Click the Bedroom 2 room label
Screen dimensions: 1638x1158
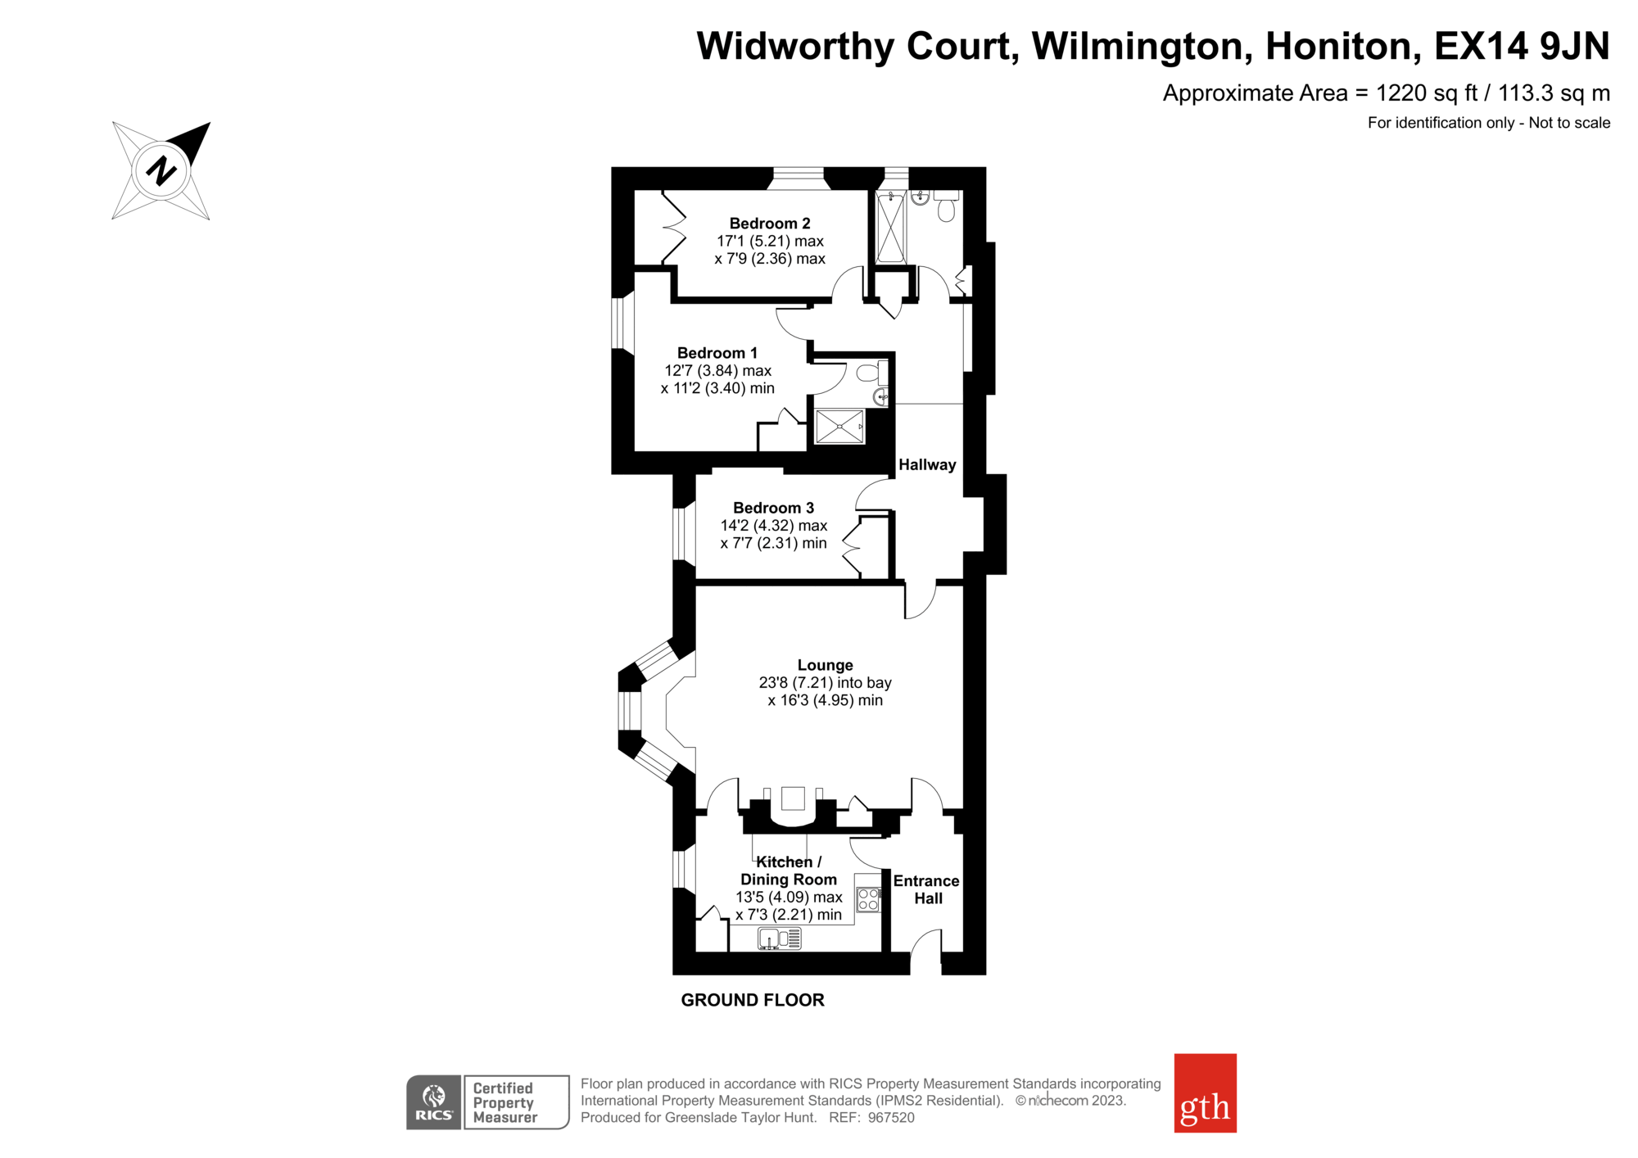(770, 224)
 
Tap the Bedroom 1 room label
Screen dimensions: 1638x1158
(717, 353)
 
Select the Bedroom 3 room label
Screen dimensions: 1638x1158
(773, 508)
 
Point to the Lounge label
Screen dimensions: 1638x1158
(826, 665)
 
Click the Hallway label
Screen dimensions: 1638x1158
(927, 464)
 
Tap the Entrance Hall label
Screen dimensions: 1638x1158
(926, 889)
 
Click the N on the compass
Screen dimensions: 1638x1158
(161, 170)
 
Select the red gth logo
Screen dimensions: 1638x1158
(1205, 1092)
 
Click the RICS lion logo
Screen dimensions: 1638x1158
(434, 1102)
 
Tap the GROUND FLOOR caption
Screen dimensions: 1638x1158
(753, 1000)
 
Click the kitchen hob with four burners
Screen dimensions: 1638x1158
(868, 900)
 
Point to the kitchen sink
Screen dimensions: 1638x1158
(779, 939)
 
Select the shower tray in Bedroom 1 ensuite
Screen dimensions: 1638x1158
(839, 427)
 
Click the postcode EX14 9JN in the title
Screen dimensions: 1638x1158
(1522, 46)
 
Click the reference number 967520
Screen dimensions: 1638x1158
(891, 1118)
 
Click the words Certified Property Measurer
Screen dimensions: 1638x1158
(505, 1102)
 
